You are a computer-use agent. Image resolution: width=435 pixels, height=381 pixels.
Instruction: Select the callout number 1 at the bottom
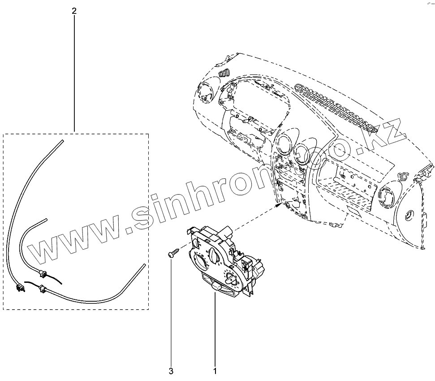coord(215,371)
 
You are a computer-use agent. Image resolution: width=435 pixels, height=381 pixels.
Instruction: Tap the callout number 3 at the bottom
coord(171,371)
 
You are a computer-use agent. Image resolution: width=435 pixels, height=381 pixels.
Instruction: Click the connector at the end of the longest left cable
coord(19,289)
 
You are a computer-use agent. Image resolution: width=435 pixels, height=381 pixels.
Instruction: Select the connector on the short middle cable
coord(43,273)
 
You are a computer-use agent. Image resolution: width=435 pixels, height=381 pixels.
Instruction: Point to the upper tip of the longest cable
coord(61,141)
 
